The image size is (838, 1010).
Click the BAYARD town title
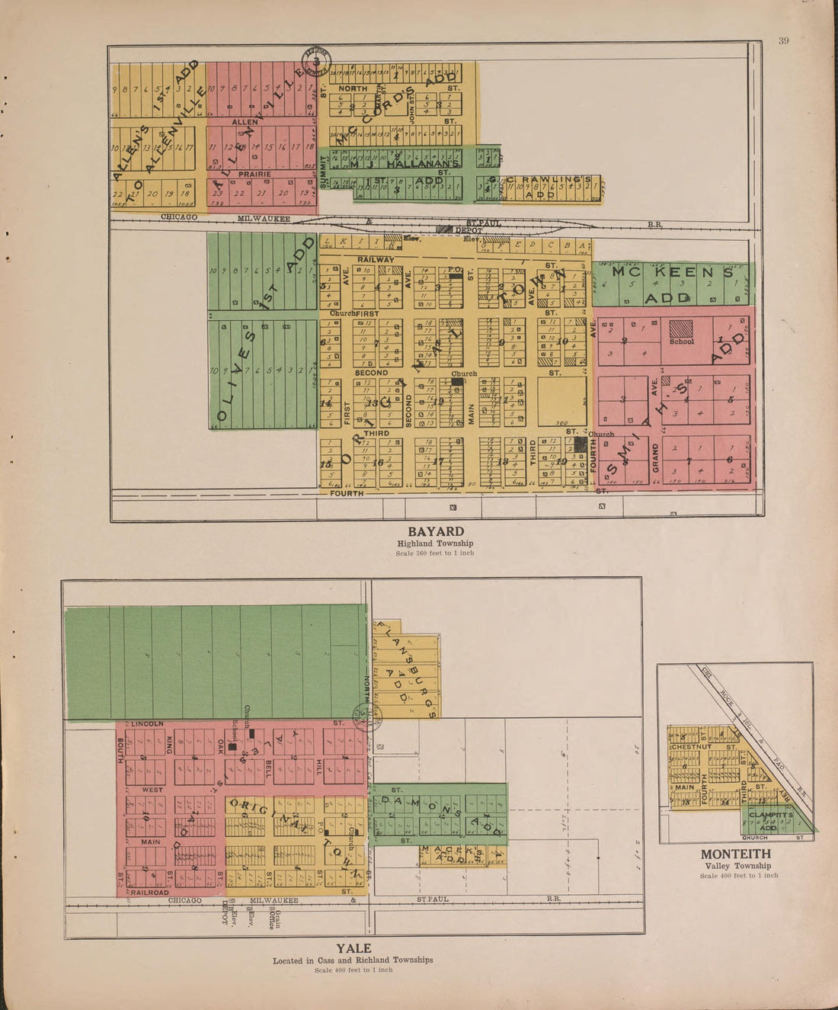click(435, 531)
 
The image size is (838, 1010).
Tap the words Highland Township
click(435, 543)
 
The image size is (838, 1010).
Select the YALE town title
click(353, 948)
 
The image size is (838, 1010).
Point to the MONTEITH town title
click(735, 854)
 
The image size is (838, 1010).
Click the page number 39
click(784, 41)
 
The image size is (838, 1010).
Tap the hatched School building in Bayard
click(681, 329)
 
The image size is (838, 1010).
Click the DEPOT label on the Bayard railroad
click(469, 229)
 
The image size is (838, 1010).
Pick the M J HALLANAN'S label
click(405, 164)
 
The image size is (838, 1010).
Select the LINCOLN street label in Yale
click(148, 723)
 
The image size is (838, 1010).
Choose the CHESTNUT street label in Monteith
click(692, 747)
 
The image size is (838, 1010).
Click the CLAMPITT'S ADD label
click(771, 820)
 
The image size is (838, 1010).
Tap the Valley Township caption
click(737, 866)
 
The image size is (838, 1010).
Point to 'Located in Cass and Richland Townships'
click(353, 960)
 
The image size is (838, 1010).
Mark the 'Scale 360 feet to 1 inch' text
click(435, 553)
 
